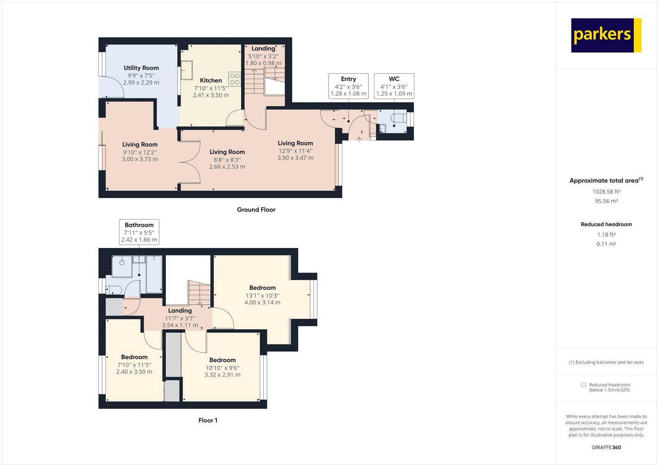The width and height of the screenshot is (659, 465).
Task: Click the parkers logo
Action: point(606,35)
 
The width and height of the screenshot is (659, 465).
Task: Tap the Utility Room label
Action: point(141,68)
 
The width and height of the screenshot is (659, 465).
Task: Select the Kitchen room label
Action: point(211,80)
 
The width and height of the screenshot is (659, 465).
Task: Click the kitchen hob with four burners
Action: point(234,79)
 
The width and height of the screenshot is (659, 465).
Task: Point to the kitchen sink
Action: point(187,70)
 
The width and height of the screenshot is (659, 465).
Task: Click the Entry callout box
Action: point(348,86)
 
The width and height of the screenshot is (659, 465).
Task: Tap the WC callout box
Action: point(394,86)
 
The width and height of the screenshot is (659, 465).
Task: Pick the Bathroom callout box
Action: point(139,232)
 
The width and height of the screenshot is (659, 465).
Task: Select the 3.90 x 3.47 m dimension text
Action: point(295,158)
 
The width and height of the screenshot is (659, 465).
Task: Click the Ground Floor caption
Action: point(256,210)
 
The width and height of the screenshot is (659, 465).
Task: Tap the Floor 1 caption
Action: point(208,420)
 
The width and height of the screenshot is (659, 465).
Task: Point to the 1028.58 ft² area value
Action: point(606,192)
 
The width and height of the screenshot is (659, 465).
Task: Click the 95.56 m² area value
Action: point(606,201)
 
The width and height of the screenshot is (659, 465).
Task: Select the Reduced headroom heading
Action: point(606,224)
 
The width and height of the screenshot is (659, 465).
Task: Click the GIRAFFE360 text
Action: point(606,447)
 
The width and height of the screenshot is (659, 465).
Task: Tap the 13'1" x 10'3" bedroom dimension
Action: point(262,296)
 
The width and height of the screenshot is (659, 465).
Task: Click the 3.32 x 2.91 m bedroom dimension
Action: point(222,375)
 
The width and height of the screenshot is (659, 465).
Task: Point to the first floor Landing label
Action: point(180,311)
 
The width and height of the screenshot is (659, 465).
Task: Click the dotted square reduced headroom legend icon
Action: point(583,385)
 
